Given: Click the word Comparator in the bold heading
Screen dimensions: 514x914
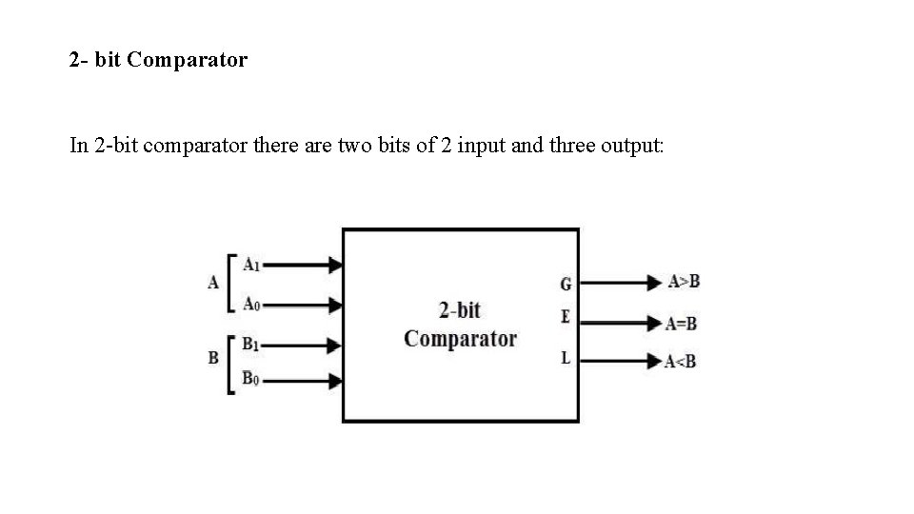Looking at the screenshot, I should tap(187, 61).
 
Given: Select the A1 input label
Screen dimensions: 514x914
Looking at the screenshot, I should tap(252, 264).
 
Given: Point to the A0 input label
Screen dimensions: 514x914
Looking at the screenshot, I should tap(252, 304).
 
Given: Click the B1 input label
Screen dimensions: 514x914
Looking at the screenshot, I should tap(251, 343).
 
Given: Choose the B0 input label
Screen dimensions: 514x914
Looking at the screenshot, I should tap(250, 379).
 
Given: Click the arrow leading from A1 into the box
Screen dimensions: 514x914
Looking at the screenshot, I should tap(303, 265).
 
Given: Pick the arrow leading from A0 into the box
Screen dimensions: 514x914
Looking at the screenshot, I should tap(303, 305).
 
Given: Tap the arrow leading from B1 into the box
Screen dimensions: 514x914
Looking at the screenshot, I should tap(303, 344).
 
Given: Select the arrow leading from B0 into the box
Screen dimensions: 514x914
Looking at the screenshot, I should tap(303, 381).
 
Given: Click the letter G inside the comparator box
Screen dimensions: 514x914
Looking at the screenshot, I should tap(566, 284).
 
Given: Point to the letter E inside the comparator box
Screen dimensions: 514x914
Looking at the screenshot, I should tap(566, 317).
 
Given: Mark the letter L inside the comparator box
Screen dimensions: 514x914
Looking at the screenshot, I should tap(566, 358).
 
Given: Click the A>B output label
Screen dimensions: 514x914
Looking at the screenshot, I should tap(684, 281).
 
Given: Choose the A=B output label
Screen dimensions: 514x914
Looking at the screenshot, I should tap(682, 324).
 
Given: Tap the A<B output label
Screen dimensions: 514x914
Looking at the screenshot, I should tap(681, 361).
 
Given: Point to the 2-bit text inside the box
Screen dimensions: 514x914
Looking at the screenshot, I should tap(460, 310).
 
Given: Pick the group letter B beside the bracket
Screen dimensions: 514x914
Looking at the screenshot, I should tap(213, 358).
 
